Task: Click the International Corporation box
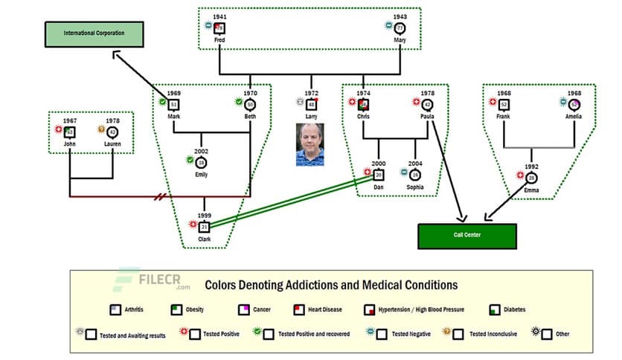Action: coord(94,33)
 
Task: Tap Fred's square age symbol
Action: coord(219,28)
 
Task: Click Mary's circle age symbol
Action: coord(400,28)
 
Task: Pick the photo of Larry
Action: coord(310,145)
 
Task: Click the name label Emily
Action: coord(201,176)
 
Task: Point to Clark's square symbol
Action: coord(205,226)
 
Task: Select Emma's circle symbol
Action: coord(531,179)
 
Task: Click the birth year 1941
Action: coord(219,16)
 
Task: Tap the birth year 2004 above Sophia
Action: coord(414,164)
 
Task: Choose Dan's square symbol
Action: coord(379,175)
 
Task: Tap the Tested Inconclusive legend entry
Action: coord(488,334)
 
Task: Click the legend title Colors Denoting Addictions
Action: coord(331,285)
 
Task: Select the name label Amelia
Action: coord(573,117)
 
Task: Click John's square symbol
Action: coord(69,132)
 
